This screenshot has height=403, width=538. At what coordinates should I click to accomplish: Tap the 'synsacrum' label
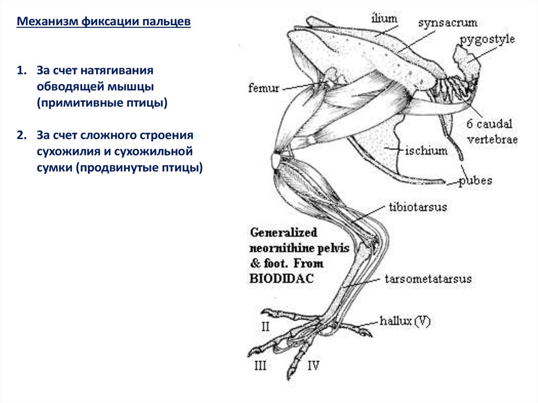[x=448, y=23]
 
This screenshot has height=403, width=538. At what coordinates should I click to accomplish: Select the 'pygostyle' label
[x=487, y=40]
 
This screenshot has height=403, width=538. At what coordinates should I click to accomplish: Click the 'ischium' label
[x=426, y=151]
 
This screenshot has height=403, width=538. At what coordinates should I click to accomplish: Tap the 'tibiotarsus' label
[x=418, y=207]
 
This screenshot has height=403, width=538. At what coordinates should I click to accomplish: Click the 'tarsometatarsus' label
[x=428, y=279]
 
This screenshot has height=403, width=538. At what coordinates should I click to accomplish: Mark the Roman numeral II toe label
[x=265, y=327]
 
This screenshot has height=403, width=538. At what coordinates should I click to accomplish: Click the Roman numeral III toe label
[x=260, y=366]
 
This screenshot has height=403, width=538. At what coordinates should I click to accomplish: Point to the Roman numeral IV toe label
[x=313, y=366]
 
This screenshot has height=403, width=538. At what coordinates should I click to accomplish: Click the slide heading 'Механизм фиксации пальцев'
[x=104, y=23]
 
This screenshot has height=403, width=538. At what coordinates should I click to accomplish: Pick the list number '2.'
[x=21, y=136]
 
